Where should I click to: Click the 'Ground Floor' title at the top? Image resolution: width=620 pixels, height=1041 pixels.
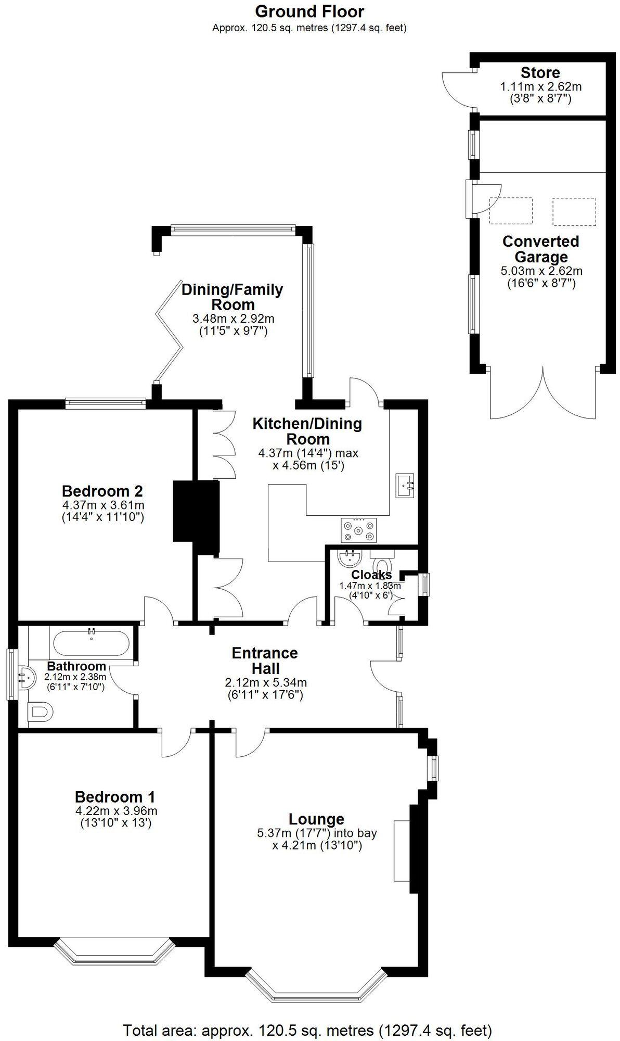[x=309, y=11]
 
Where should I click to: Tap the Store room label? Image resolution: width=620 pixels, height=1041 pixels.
[x=540, y=73]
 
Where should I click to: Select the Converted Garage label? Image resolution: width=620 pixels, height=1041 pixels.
[x=540, y=249]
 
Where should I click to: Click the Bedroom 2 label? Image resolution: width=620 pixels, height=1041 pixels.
[x=102, y=491]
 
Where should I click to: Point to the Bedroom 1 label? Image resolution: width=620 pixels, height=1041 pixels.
[x=115, y=797]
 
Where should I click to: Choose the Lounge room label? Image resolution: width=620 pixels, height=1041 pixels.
[x=316, y=819]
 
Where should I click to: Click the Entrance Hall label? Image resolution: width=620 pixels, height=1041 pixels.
[x=265, y=661]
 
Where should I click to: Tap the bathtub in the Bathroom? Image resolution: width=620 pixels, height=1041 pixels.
[x=92, y=643]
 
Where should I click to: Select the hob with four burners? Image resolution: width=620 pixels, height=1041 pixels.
[x=358, y=530]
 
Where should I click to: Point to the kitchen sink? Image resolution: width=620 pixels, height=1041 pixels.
[x=405, y=486]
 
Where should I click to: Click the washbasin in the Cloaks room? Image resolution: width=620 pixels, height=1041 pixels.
[x=348, y=560]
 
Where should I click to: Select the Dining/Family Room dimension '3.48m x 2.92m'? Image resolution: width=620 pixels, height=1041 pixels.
[x=234, y=319]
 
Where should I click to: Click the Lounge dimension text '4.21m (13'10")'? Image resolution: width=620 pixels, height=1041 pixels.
[x=317, y=845]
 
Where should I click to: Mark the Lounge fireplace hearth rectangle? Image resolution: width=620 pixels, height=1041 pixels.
[x=401, y=850]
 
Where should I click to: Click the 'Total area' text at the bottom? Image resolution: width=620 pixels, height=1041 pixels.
[x=307, y=1030]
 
